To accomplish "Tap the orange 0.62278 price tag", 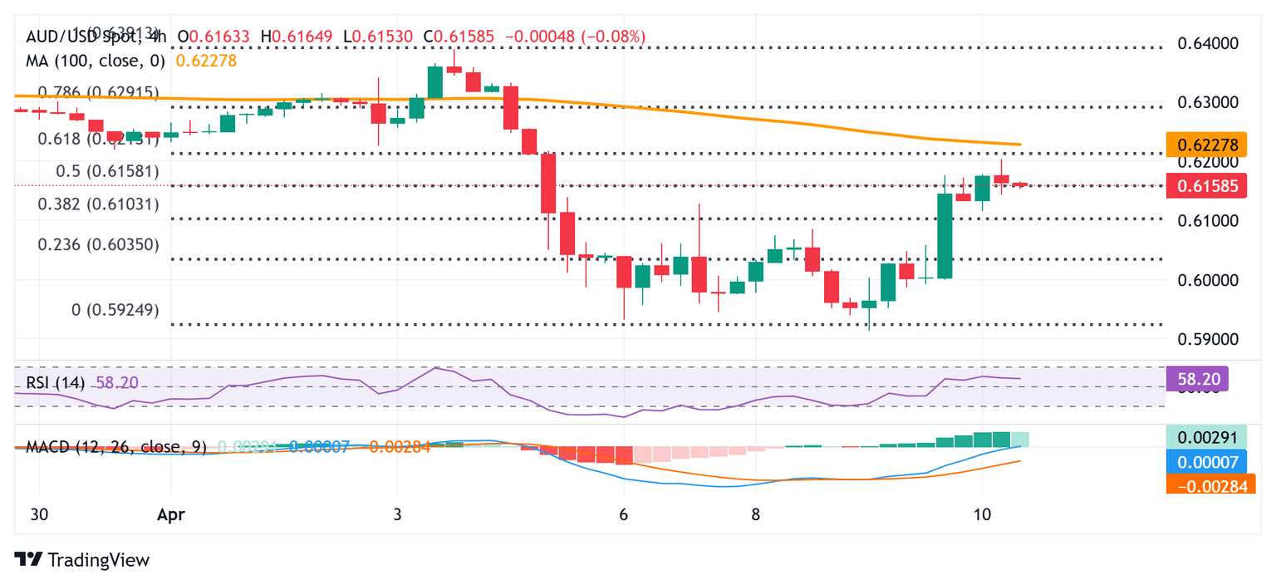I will [x=1207, y=145].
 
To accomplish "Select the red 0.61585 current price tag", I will [x=1207, y=186].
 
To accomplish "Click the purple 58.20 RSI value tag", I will [x=1197, y=381].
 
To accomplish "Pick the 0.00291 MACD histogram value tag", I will [x=1207, y=438].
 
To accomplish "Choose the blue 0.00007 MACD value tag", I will [x=1207, y=462].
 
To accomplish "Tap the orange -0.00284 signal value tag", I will [x=1207, y=485].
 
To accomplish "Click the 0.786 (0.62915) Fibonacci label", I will [x=99, y=92].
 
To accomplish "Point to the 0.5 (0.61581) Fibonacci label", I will [x=107, y=171].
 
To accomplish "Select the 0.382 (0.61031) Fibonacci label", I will [x=99, y=204].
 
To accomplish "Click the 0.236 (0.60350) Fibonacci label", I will [x=99, y=244].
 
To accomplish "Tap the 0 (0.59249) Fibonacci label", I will [x=115, y=310].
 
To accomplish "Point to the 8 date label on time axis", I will [x=756, y=514].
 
